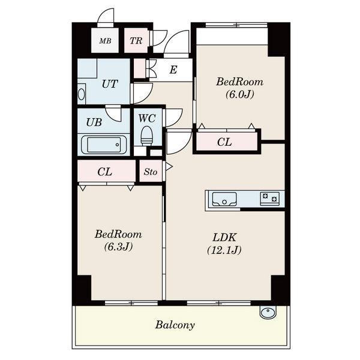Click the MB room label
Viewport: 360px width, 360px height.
(105, 41)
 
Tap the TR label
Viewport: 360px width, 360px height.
(136, 41)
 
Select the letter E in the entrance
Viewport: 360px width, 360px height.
(173, 70)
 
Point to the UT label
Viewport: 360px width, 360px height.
(110, 84)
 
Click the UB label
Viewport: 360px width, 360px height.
(94, 122)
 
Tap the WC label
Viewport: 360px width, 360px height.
(147, 118)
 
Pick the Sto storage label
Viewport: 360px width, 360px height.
(151, 172)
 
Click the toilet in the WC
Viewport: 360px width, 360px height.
(147, 136)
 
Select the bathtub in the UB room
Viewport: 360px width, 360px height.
(104, 145)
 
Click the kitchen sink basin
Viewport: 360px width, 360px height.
(224, 199)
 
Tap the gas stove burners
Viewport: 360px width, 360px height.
(269, 199)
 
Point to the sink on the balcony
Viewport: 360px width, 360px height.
(269, 312)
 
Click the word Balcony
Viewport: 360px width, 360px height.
(175, 325)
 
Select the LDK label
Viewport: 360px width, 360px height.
(224, 238)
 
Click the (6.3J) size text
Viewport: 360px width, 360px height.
(118, 247)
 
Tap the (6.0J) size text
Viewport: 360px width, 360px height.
(239, 94)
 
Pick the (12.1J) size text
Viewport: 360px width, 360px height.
(224, 250)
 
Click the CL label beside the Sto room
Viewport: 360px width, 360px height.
(104, 172)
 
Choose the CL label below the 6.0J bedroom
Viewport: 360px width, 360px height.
(224, 142)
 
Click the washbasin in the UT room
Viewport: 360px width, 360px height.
(82, 94)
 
